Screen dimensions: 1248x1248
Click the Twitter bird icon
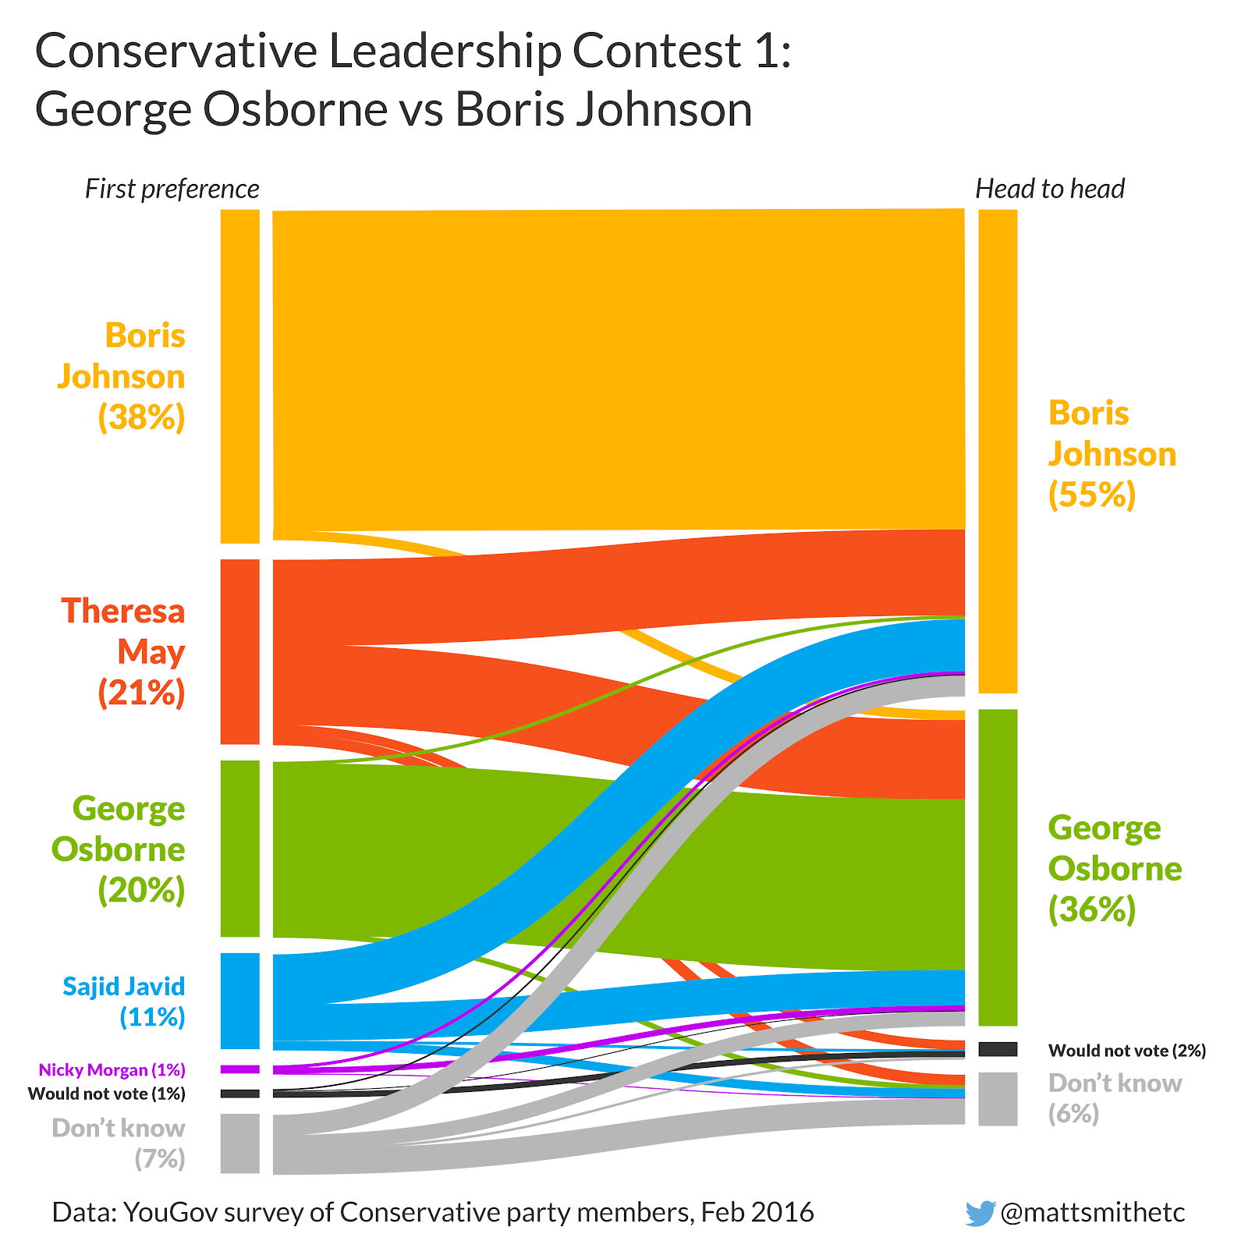(980, 1213)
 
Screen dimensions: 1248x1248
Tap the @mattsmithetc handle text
(1092, 1212)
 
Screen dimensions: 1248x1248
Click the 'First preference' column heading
(172, 189)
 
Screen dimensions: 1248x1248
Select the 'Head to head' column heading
(1050, 189)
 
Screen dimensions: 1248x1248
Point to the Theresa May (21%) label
(125, 651)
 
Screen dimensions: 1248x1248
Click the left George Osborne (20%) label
(120, 849)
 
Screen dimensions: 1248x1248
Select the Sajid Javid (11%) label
(125, 1002)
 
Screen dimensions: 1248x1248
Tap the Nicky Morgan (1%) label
(112, 1069)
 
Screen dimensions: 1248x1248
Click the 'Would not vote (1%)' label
(107, 1094)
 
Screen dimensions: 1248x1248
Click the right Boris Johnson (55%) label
(1111, 454)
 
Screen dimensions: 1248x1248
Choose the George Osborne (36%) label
(1114, 868)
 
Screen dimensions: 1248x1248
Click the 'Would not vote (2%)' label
(1127, 1051)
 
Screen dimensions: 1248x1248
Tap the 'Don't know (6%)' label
(1114, 1098)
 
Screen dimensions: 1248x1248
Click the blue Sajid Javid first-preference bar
(240, 1001)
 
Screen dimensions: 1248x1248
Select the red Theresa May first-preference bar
(240, 651)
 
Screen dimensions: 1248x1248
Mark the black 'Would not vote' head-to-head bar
(998, 1049)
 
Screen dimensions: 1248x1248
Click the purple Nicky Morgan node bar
(240, 1069)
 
